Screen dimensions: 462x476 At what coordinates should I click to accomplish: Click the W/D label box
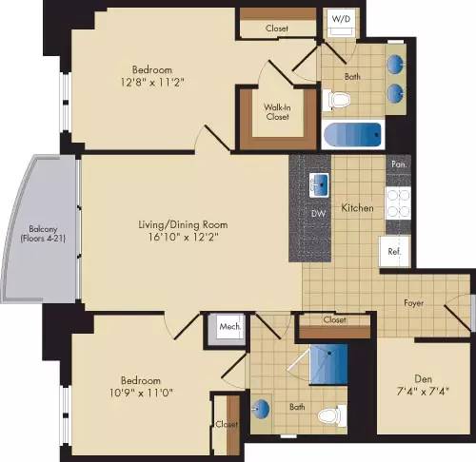pos(341,19)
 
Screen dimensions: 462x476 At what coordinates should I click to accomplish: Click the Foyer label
pos(412,303)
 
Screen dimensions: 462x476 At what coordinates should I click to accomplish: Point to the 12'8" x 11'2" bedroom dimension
pos(153,82)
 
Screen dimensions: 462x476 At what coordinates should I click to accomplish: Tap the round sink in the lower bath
pos(261,412)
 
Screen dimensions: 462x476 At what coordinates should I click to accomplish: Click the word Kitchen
pos(358,207)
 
